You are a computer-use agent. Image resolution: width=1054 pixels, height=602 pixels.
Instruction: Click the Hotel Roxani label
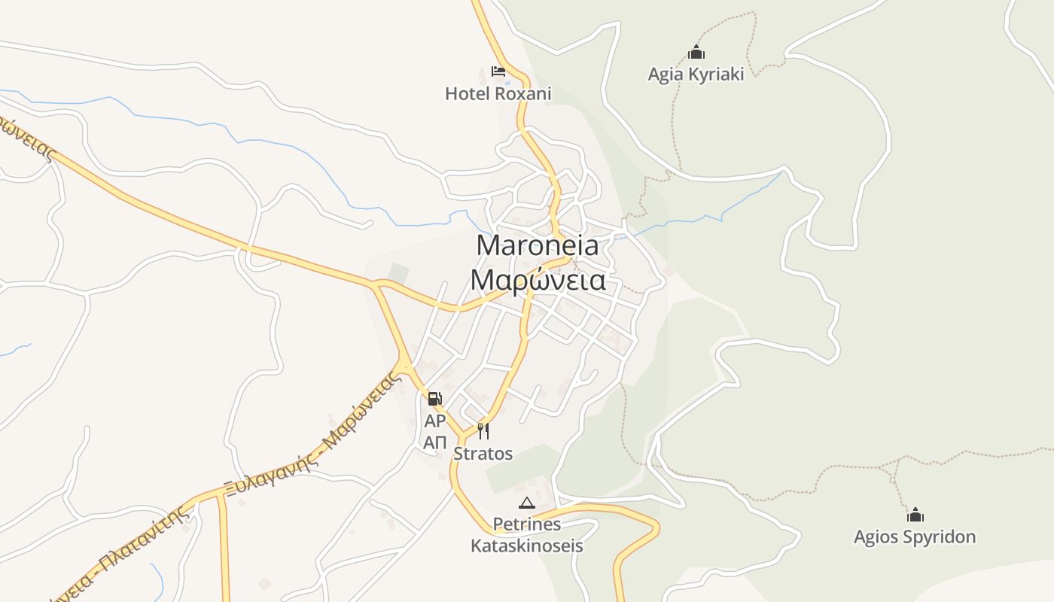(498, 94)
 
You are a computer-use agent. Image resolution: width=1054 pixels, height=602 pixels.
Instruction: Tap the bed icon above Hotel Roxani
(498, 71)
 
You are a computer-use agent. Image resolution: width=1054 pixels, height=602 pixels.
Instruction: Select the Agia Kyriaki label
(696, 74)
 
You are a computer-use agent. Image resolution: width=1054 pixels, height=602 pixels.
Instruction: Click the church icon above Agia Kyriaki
(696, 53)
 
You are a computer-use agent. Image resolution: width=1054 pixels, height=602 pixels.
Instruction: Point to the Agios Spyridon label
(914, 537)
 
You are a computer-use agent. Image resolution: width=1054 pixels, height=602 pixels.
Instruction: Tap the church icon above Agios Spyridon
(915, 515)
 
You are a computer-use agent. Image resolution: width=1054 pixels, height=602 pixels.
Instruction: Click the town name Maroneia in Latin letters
(538, 245)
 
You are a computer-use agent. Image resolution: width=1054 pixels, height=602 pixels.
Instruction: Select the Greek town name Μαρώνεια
(538, 280)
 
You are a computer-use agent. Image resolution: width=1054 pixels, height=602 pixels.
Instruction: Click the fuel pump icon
(434, 399)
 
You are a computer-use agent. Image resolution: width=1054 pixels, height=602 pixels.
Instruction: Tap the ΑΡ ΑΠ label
(435, 431)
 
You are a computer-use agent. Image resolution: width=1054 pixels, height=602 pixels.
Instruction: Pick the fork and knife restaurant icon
(483, 431)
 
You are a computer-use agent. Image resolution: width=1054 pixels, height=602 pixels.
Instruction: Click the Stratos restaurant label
(483, 454)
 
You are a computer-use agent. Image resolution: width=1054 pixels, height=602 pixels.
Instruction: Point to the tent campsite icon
(527, 503)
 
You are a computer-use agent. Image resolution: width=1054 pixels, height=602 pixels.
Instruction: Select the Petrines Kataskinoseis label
(527, 534)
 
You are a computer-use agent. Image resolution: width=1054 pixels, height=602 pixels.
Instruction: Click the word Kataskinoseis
(527, 546)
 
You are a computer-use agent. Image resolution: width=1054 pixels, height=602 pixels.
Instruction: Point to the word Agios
(876, 537)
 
